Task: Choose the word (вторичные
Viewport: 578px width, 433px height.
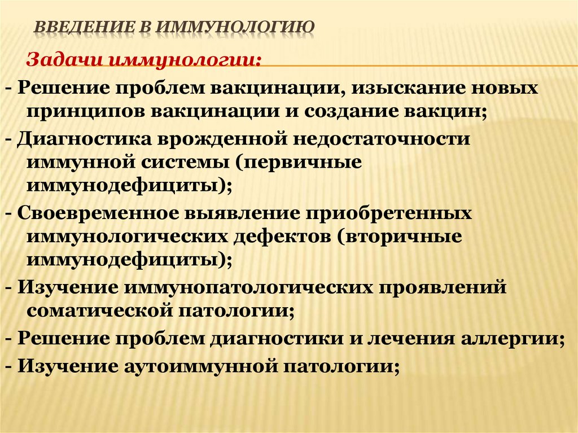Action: (x=400, y=237)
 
